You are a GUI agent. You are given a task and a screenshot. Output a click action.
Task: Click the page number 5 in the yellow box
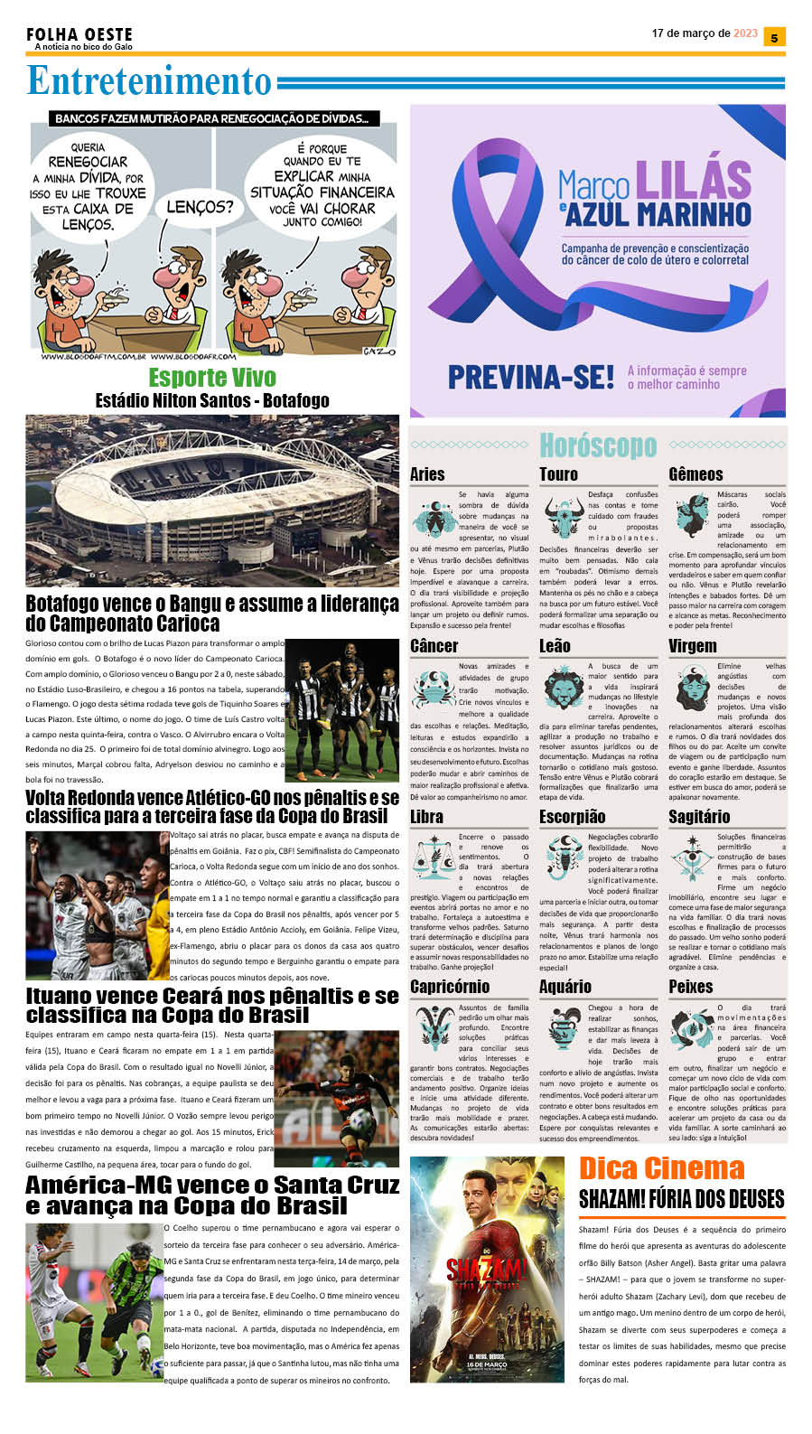[x=773, y=37]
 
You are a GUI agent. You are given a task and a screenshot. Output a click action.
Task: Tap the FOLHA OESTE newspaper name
[x=79, y=34]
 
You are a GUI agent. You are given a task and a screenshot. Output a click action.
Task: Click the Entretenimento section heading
[x=149, y=81]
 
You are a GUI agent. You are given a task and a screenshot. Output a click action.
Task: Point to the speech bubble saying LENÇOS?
[x=200, y=208]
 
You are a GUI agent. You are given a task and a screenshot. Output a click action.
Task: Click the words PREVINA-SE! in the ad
[x=531, y=377]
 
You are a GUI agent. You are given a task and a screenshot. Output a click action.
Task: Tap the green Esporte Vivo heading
[x=212, y=377]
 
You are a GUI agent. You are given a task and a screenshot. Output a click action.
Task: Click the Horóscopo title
[x=598, y=445]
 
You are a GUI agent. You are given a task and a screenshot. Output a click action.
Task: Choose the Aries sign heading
[x=427, y=474]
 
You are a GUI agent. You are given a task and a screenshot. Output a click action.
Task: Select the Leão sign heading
[x=555, y=646]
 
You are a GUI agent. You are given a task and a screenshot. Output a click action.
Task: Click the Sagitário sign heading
[x=699, y=817]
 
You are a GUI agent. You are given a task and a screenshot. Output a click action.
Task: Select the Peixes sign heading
[x=691, y=987]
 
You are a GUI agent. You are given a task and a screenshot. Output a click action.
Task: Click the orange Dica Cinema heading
[x=661, y=1168]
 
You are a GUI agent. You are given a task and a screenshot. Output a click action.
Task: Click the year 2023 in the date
[x=746, y=33]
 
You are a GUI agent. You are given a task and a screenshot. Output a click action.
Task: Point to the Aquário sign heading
[x=565, y=987]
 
